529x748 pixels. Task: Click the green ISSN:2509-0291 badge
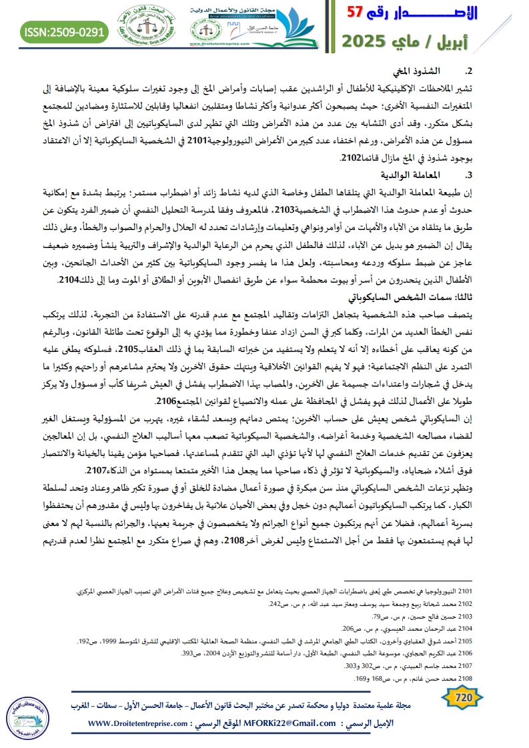tap(65, 31)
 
